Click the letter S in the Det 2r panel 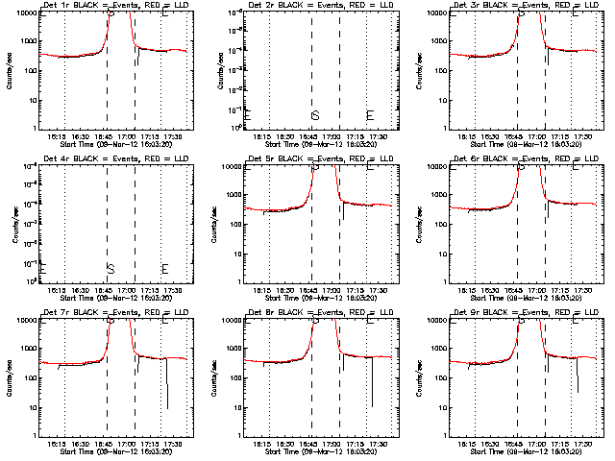coord(314,115)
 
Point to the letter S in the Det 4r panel coord(111,268)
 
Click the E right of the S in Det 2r coord(370,115)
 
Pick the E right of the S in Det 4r coord(164,268)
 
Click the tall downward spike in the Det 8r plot coord(372,384)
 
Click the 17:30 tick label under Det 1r coord(174,135)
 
